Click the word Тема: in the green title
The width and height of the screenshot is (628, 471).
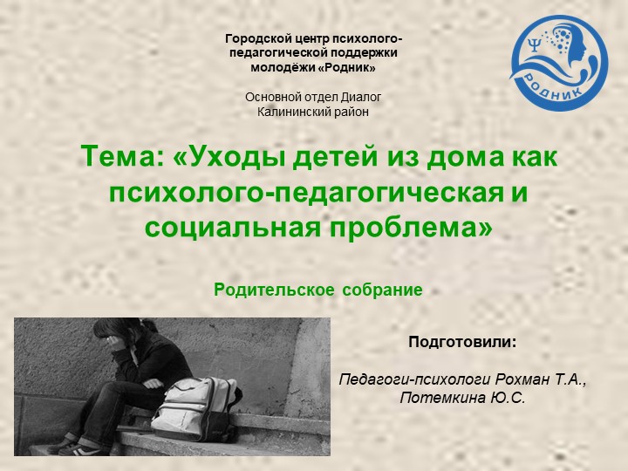pos(121,159)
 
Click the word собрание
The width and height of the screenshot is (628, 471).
pos(382,290)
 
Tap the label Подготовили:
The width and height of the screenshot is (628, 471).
pos(462,342)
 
